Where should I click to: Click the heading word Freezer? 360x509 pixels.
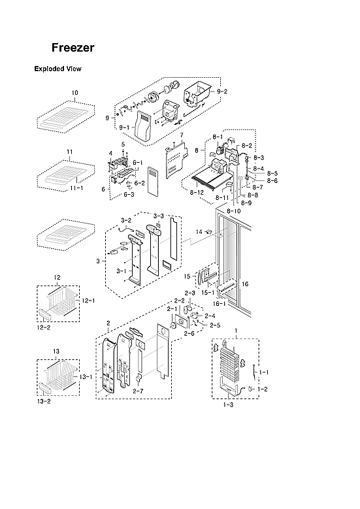(73, 48)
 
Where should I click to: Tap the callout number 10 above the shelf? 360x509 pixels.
(74, 93)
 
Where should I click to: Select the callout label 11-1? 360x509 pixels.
(76, 188)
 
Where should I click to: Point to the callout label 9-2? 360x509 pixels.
(222, 91)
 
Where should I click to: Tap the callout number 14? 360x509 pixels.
(199, 231)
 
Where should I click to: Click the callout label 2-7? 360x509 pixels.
(138, 391)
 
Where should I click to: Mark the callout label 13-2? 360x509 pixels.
(44, 401)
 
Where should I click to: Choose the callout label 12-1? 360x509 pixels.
(87, 300)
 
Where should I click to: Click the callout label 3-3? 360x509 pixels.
(159, 216)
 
